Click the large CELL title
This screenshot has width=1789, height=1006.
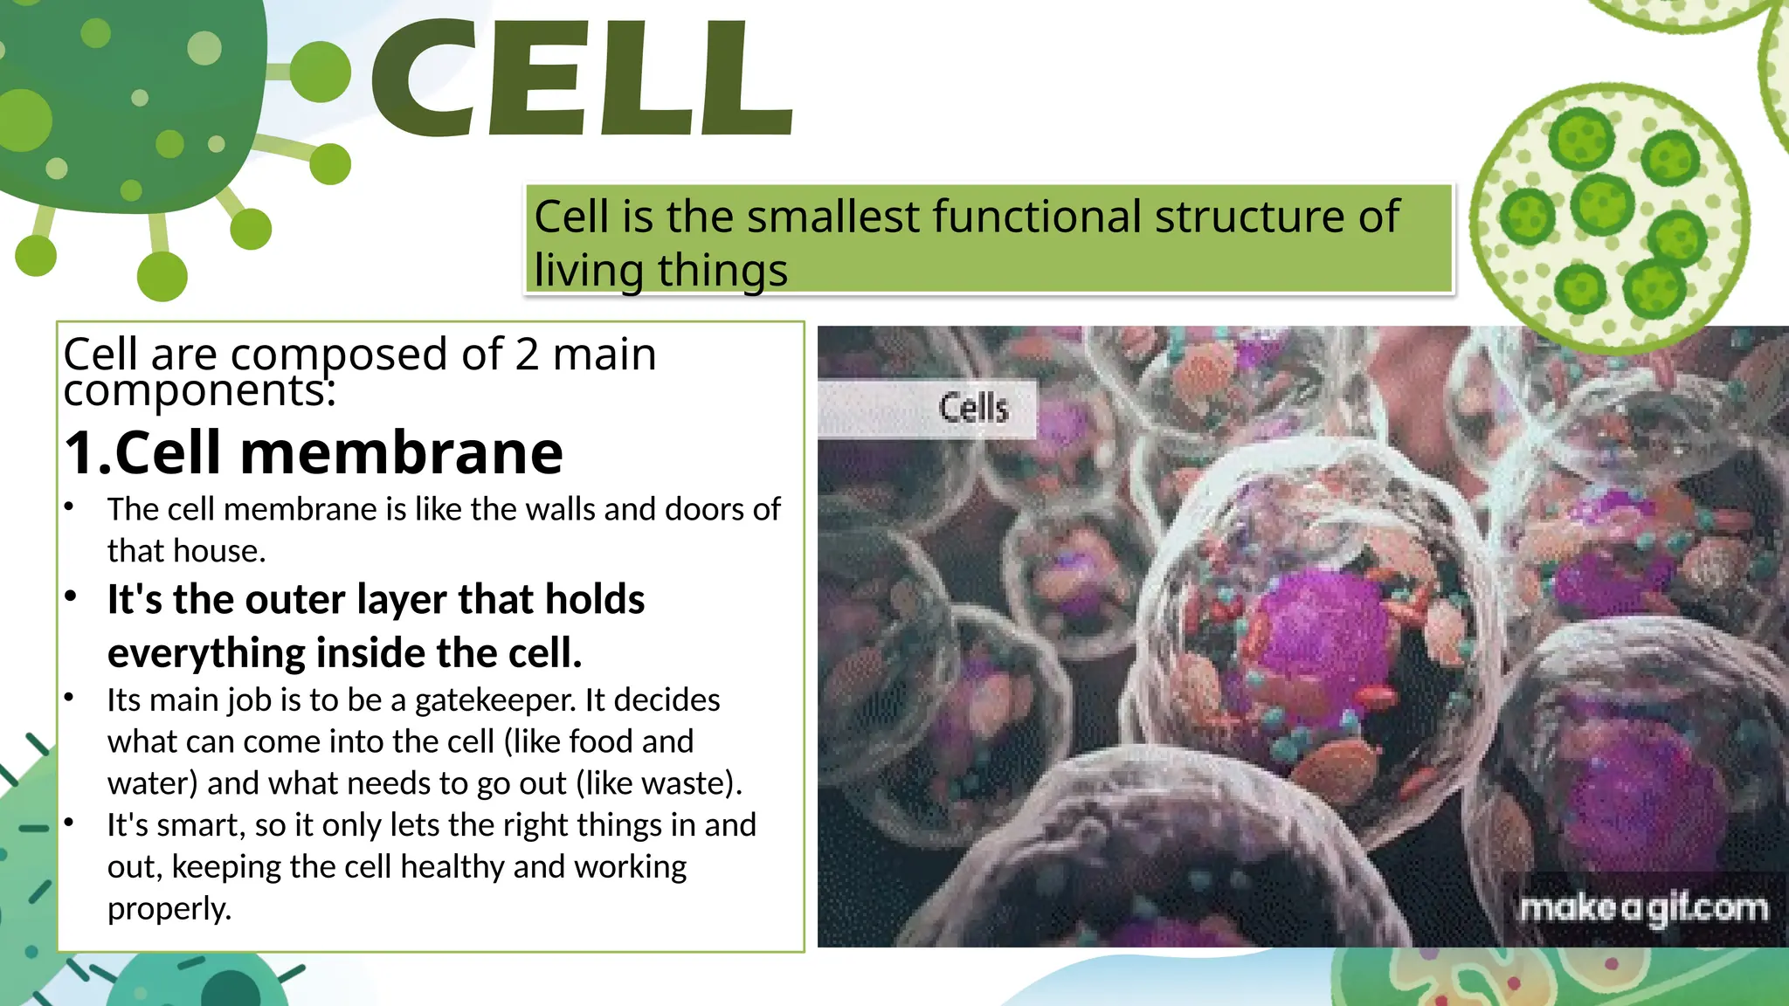coord(581,79)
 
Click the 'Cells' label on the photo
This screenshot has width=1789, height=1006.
coord(973,408)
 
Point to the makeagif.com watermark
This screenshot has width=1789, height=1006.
coord(1643,908)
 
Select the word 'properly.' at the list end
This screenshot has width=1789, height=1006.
coord(169,909)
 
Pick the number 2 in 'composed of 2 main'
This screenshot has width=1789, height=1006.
coord(527,355)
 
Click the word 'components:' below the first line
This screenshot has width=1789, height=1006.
coord(199,390)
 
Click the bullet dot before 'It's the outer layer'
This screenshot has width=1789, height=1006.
coord(71,597)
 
